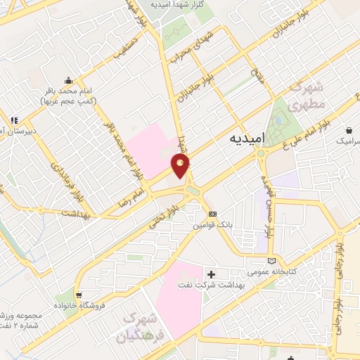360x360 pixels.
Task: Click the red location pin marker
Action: point(181,165)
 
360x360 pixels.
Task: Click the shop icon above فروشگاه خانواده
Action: point(78,295)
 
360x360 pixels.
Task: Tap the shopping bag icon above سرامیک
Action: point(349,130)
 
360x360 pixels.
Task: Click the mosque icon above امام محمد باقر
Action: point(67,79)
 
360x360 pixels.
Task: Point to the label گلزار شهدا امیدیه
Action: point(183,4)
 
